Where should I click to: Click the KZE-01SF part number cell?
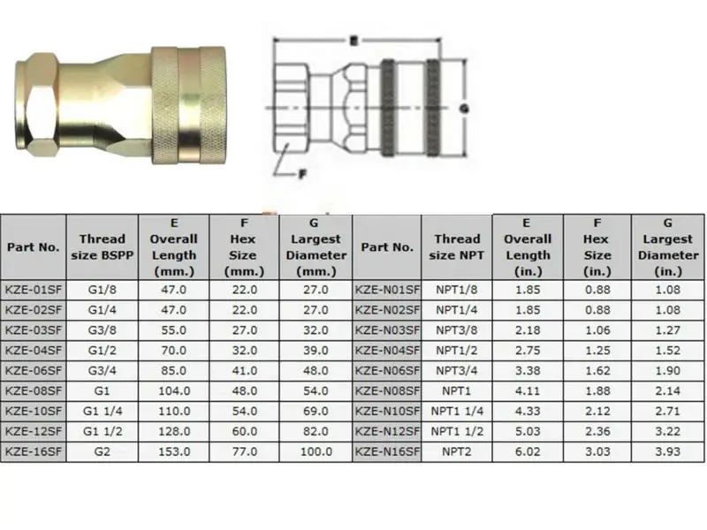point(34,288)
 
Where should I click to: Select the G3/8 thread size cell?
point(102,329)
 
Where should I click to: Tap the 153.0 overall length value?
point(172,450)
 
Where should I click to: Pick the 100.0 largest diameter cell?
point(315,450)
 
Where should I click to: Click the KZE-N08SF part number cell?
point(387,390)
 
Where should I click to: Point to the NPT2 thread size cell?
point(457,450)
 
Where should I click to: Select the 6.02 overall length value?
point(527,450)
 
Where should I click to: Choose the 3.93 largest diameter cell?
point(667,450)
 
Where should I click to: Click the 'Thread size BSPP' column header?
point(102,246)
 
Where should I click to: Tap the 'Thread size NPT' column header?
point(457,246)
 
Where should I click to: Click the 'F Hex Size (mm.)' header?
point(244,246)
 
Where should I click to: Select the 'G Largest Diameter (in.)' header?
point(667,246)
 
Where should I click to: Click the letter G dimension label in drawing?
point(462,108)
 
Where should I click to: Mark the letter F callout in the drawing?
point(302,173)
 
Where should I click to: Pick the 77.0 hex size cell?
point(244,450)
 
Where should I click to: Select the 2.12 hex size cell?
point(597,410)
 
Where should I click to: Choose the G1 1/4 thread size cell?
point(102,410)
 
